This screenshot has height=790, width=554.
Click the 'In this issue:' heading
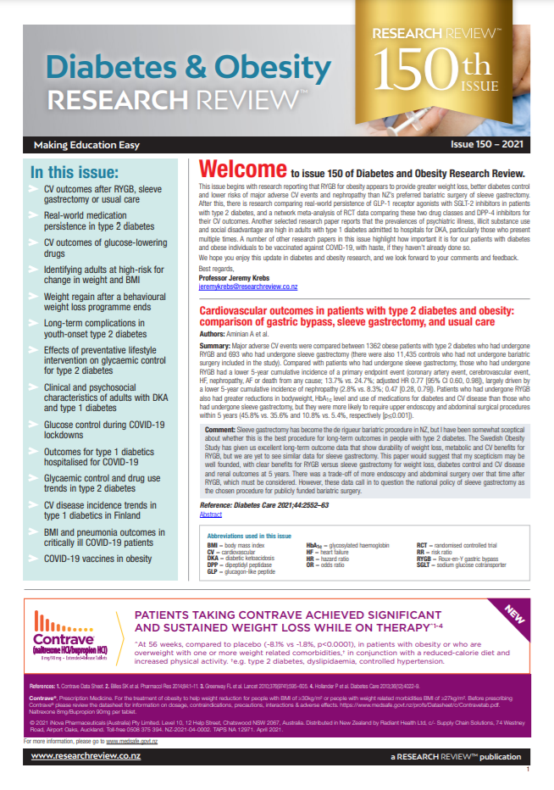pyautogui.click(x=72, y=170)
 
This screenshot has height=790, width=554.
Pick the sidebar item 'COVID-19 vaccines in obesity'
pyautogui.click(x=97, y=559)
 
